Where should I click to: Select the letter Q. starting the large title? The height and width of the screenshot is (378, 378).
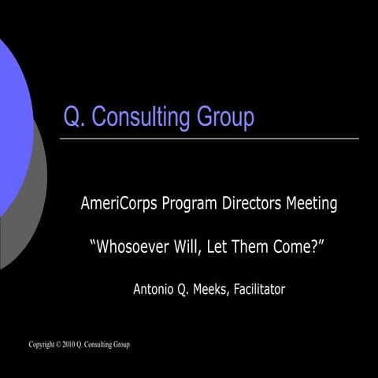pos(74,117)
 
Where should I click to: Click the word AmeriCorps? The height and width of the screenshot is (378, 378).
pos(119,205)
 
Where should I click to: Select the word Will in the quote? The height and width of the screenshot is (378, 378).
pos(195,247)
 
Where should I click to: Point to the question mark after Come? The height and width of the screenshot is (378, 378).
pos(314,247)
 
